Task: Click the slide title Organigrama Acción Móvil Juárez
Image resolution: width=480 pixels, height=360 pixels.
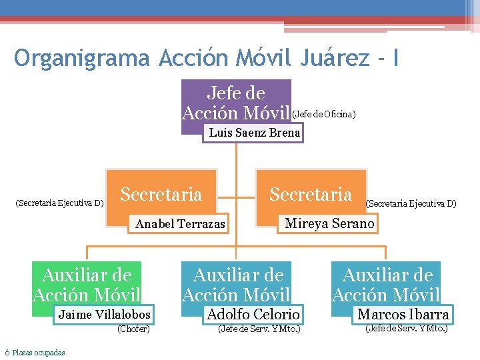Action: coord(207,58)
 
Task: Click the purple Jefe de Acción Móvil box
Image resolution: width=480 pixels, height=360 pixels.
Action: coord(236,102)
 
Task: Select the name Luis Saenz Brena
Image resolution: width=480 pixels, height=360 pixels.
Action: coord(254,133)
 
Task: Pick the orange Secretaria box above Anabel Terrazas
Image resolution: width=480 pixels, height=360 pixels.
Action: coord(161,194)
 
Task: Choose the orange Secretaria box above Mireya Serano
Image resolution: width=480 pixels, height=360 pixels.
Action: coord(311,194)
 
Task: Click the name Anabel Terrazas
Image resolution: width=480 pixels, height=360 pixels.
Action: coord(180,224)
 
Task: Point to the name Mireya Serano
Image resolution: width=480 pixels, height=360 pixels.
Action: coord(329,223)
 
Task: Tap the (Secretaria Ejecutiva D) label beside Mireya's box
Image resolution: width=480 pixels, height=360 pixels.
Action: coord(411,203)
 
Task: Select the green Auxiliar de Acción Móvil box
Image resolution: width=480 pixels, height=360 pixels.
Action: coord(87,284)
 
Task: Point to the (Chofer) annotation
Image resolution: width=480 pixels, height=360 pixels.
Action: coord(133,329)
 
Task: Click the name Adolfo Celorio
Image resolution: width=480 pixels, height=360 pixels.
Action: coord(253,314)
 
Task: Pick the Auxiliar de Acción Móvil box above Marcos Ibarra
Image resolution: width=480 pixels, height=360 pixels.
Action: coord(386,284)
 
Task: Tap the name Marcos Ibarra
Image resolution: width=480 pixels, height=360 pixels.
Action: coord(403,314)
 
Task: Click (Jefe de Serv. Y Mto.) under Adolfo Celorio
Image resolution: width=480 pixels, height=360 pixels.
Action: coord(259,329)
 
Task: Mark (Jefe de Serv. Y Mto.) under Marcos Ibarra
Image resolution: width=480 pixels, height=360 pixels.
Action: coord(406,328)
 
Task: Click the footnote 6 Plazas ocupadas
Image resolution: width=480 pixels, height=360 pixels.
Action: coord(35,353)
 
